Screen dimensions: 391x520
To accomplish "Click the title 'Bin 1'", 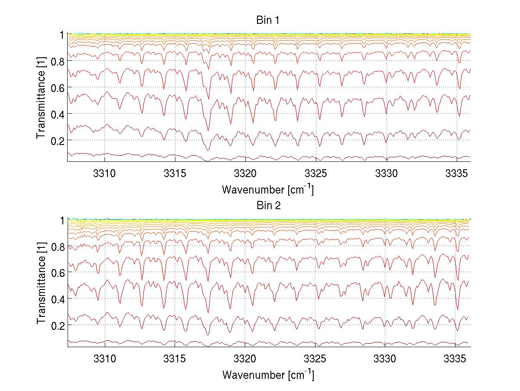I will coord(268,20).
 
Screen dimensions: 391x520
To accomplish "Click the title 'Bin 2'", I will coord(268,205).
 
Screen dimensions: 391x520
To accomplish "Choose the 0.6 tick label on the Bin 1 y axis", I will coord(57,88).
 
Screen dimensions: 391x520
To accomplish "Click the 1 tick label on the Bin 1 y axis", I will coord(62,35).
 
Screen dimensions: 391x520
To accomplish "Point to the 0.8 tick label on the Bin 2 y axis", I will coord(57,246).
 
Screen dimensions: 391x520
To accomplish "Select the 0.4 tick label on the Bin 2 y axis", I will coord(57,299).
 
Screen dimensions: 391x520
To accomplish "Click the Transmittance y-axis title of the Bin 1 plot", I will coord(41,97).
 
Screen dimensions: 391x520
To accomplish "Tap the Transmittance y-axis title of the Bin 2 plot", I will coord(41,283).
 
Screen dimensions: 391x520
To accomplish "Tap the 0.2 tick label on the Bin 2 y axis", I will coord(57,325).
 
